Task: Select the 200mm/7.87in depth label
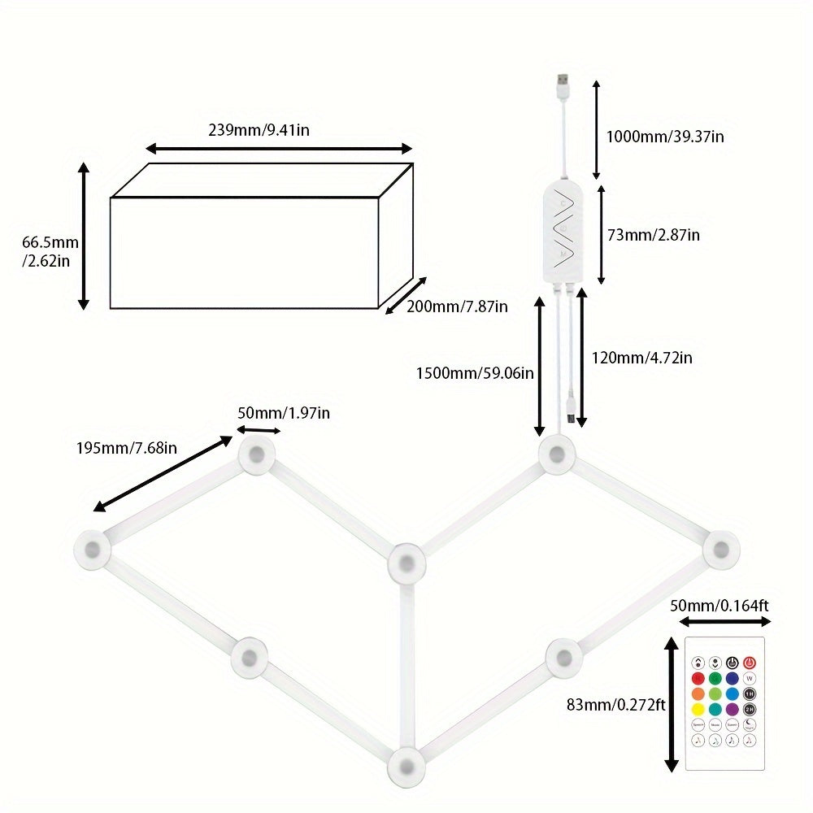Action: pyautogui.click(x=457, y=307)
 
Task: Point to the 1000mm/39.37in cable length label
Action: pyautogui.click(x=665, y=137)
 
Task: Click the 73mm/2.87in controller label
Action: pyautogui.click(x=654, y=235)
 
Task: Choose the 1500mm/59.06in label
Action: pyautogui.click(x=475, y=373)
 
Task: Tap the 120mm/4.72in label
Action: pyautogui.click(x=642, y=357)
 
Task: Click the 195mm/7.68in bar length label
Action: pyautogui.click(x=127, y=447)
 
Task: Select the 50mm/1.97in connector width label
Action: pyautogui.click(x=284, y=413)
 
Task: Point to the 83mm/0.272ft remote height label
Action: pyautogui.click(x=616, y=705)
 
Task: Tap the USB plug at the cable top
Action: pyautogui.click(x=562, y=84)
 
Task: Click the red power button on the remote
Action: pyautogui.click(x=750, y=663)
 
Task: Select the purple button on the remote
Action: pyautogui.click(x=733, y=709)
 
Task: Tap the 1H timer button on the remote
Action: pyautogui.click(x=750, y=693)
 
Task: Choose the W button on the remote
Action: pyautogui.click(x=750, y=678)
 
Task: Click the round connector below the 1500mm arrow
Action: pyautogui.click(x=556, y=455)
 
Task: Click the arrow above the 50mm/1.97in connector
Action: pyautogui.click(x=259, y=430)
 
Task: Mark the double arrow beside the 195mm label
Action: pyautogui.click(x=163, y=474)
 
